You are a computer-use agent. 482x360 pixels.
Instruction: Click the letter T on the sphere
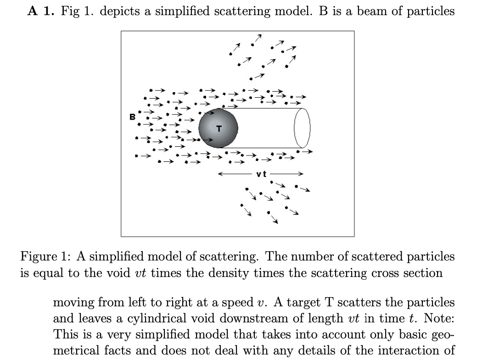pyautogui.click(x=219, y=129)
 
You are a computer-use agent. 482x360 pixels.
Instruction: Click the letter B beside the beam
pyautogui.click(x=132, y=117)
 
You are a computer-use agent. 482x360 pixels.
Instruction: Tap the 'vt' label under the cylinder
pyautogui.click(x=262, y=174)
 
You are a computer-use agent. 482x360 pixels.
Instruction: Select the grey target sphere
pyautogui.click(x=218, y=128)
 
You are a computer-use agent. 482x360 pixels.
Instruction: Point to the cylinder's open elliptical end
pyautogui.click(x=302, y=128)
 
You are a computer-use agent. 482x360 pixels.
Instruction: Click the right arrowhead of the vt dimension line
pyautogui.click(x=301, y=174)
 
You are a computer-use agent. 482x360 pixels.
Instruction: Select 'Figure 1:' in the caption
pyautogui.click(x=44, y=256)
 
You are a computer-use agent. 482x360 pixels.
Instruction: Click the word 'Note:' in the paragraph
pyautogui.click(x=439, y=318)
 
